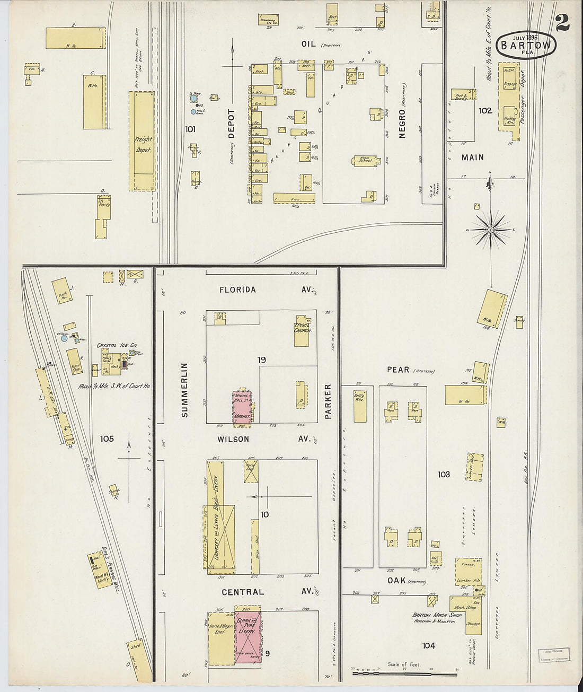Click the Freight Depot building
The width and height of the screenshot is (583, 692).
click(143, 141)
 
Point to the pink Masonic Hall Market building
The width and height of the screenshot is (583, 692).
click(242, 407)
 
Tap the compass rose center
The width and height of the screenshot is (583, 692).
click(491, 230)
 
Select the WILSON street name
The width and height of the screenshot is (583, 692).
click(234, 439)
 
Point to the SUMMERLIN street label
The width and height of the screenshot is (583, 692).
click(184, 390)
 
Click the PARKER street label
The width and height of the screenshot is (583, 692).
click(328, 401)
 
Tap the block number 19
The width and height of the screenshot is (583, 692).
click(261, 361)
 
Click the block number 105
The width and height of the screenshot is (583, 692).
click(107, 439)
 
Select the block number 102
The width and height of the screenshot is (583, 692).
click(485, 111)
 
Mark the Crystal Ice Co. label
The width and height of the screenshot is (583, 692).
click(117, 346)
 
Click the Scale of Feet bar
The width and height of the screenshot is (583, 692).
click(404, 673)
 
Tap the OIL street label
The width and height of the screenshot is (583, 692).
click(308, 44)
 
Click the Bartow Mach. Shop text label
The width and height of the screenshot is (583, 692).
click(438, 616)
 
